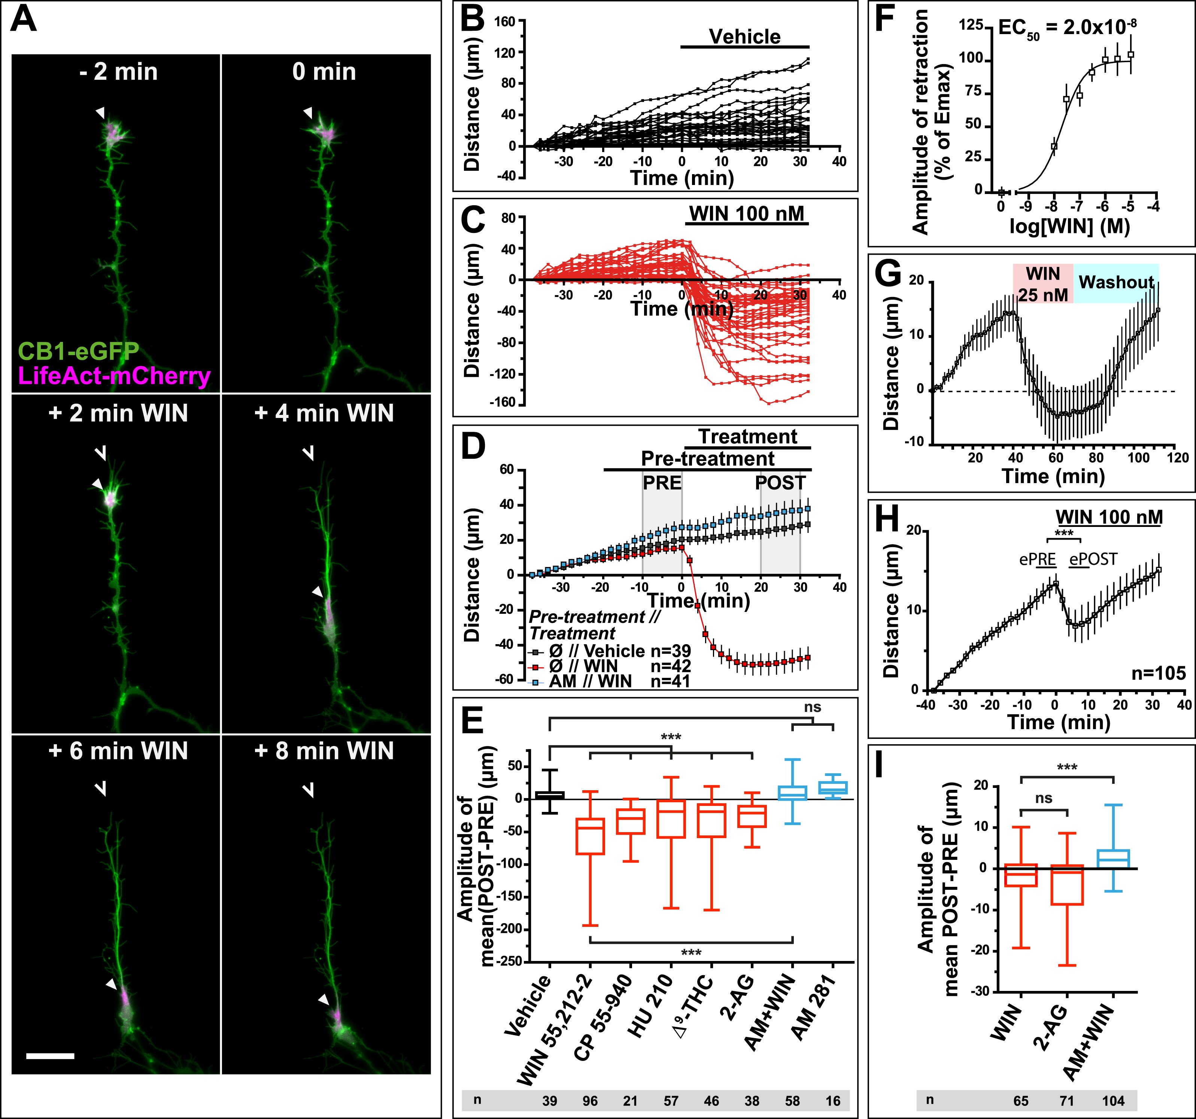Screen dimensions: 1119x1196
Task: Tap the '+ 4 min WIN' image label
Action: [x=324, y=413]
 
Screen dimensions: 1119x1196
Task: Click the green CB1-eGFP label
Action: [x=78, y=350]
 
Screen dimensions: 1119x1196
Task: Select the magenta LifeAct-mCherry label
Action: [x=114, y=376]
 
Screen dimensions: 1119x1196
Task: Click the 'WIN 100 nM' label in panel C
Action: [x=747, y=214]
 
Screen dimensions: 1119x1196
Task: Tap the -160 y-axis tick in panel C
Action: [x=504, y=402]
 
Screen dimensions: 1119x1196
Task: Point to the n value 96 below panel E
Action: [x=590, y=1101]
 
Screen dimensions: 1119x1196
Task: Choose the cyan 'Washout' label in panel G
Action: [x=1116, y=282]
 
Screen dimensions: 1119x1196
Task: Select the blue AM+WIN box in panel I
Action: [x=1114, y=858]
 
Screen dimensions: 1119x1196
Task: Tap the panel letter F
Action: [x=888, y=21]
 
